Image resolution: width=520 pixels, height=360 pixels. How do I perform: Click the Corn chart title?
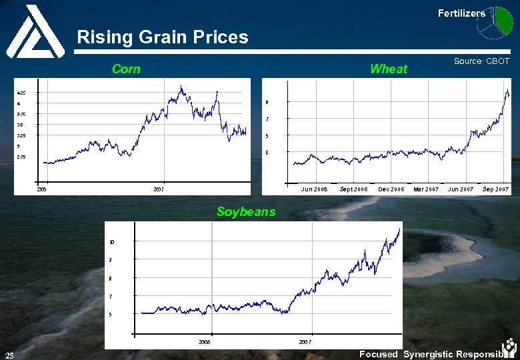click(x=126, y=69)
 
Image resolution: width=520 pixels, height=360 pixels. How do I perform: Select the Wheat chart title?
click(x=388, y=69)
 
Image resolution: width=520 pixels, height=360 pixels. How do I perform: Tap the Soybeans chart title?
click(x=245, y=212)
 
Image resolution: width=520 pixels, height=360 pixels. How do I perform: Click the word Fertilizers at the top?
click(x=461, y=13)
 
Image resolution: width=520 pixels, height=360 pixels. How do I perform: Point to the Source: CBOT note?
click(x=481, y=61)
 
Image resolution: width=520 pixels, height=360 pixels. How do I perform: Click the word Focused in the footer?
click(x=378, y=355)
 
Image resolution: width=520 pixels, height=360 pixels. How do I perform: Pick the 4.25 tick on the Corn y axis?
click(x=21, y=93)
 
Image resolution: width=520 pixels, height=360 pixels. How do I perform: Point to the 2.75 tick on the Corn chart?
click(x=21, y=157)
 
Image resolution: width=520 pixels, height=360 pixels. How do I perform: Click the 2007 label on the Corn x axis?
click(x=158, y=190)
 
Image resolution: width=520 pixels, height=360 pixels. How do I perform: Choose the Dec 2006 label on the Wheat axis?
click(x=391, y=189)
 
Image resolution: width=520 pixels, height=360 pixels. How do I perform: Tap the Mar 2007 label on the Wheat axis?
click(x=426, y=189)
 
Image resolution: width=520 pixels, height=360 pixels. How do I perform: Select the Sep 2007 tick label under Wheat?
click(x=495, y=189)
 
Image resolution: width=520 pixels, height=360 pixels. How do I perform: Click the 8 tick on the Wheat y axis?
click(x=267, y=103)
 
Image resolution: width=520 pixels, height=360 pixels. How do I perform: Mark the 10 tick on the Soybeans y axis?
click(x=112, y=241)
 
